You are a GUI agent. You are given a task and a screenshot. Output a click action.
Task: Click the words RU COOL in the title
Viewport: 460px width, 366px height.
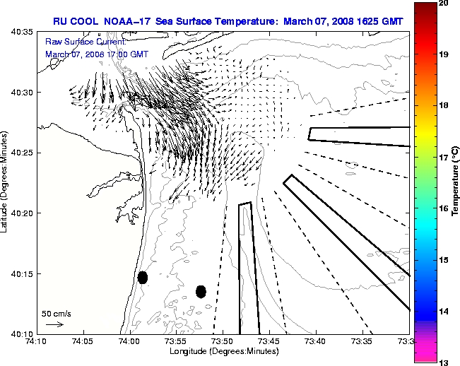pos(73,21)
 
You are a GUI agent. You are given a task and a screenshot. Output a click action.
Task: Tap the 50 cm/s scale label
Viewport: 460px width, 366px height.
pos(56,313)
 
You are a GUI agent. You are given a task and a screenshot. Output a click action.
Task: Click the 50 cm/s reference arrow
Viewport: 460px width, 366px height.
pos(54,324)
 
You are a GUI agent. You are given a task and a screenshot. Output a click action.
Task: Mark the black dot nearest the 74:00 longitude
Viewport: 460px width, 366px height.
pos(143,278)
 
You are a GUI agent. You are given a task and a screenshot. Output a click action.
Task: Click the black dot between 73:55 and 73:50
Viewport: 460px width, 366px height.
pos(201,291)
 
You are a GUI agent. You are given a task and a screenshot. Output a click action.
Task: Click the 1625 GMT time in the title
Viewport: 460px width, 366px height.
pos(380,21)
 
